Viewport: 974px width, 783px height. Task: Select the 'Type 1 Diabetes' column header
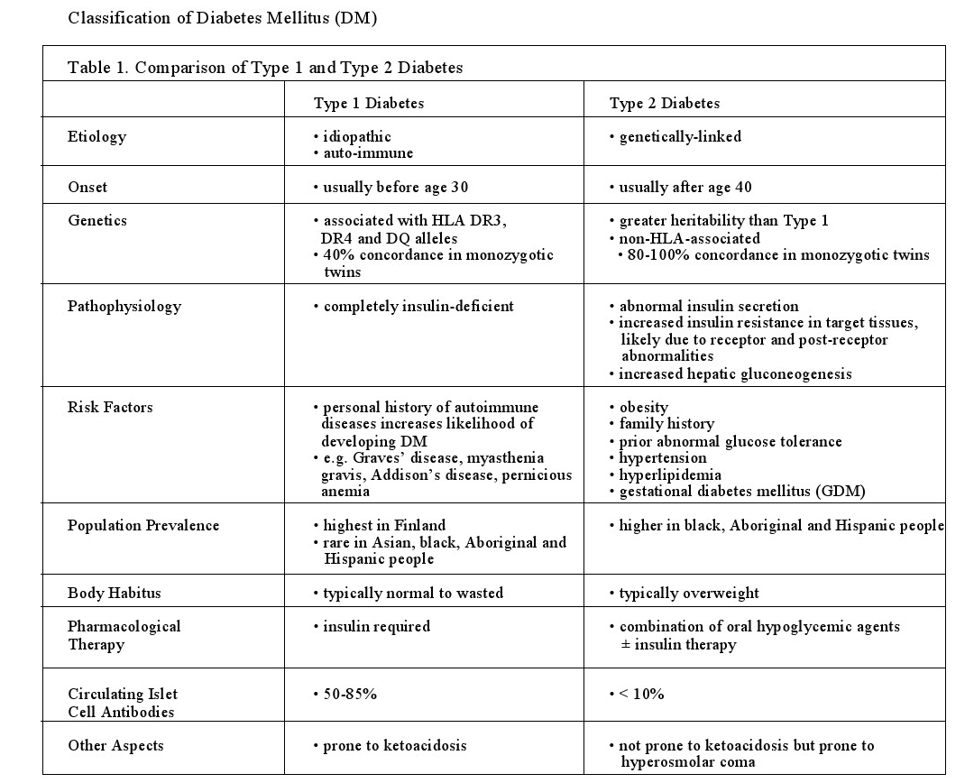[368, 103]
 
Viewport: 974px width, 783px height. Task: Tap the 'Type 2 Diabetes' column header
[665, 103]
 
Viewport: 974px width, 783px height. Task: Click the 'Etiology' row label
[96, 136]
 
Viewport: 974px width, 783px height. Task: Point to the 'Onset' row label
[87, 187]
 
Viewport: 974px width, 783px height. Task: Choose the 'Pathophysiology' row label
[124, 306]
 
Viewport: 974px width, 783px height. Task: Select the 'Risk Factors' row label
[110, 407]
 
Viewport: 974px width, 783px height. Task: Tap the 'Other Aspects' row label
[115, 745]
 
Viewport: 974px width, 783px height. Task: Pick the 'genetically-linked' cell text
[679, 136]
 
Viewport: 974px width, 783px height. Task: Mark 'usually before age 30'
[395, 187]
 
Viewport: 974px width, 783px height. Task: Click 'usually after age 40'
[685, 187]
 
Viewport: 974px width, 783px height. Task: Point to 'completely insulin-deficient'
[418, 306]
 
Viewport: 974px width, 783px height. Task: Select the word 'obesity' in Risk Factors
[644, 407]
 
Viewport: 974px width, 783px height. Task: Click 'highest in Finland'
[384, 525]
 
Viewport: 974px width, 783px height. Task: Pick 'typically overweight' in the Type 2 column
[688, 593]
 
